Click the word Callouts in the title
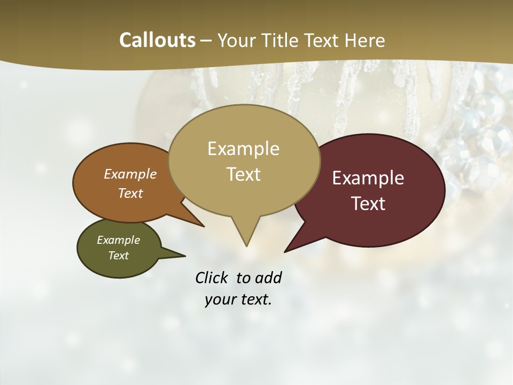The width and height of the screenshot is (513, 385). coord(157,40)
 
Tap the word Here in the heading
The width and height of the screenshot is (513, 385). coord(366,40)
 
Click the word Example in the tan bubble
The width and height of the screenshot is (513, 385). coord(243,149)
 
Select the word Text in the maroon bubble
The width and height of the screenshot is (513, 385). coord(369,204)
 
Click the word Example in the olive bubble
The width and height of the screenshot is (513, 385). coord(118,240)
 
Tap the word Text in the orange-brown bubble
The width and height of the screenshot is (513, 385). coord(130,194)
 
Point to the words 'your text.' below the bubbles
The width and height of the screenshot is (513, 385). coord(238,299)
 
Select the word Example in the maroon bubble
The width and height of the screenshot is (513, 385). coord(368,178)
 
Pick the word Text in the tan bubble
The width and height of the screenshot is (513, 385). coord(244,174)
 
